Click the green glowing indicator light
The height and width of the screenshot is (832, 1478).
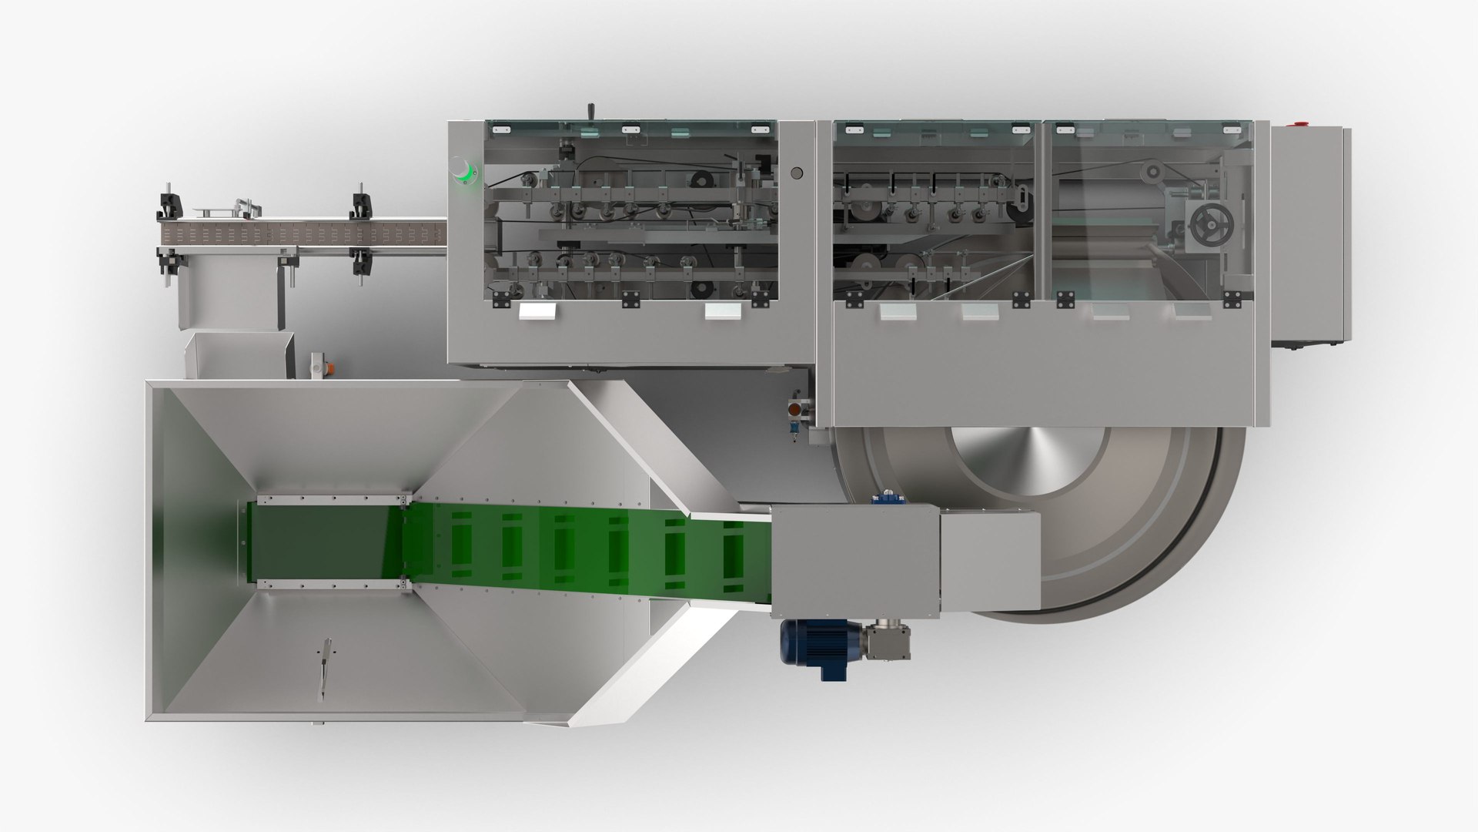(x=464, y=169)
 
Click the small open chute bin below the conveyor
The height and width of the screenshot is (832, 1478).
(x=239, y=355)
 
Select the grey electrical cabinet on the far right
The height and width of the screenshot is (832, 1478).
(x=1309, y=235)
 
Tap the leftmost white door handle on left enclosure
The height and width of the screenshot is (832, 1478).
(x=537, y=311)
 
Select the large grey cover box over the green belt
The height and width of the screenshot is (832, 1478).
(x=854, y=556)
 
